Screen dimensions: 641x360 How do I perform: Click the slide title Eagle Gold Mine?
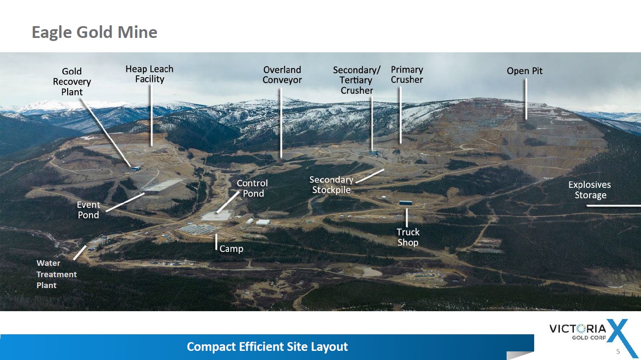click(x=95, y=32)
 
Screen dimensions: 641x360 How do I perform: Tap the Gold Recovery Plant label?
click(x=72, y=82)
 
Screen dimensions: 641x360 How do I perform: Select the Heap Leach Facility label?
click(x=150, y=74)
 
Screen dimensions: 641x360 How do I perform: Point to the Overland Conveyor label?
click(x=282, y=75)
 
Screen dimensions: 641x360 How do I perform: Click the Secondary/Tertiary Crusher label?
click(x=357, y=80)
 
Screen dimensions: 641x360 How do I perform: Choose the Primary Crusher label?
click(x=407, y=75)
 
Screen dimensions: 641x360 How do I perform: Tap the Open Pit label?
click(x=525, y=71)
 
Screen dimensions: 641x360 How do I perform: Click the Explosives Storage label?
click(x=590, y=190)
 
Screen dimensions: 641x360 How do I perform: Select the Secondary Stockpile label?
click(x=331, y=185)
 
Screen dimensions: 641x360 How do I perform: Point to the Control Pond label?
click(x=252, y=188)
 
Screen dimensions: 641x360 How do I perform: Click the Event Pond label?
click(x=89, y=210)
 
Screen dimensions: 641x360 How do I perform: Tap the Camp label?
click(x=231, y=249)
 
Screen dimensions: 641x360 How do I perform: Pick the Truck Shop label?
click(x=408, y=237)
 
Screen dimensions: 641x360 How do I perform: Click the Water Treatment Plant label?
click(x=57, y=274)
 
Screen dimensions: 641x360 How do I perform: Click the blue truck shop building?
click(x=406, y=203)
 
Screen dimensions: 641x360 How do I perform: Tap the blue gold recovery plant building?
click(x=136, y=169)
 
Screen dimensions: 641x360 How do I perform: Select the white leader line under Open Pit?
click(x=526, y=99)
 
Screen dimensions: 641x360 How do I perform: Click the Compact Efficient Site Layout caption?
click(x=267, y=346)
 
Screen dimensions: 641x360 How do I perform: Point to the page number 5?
click(x=618, y=351)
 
